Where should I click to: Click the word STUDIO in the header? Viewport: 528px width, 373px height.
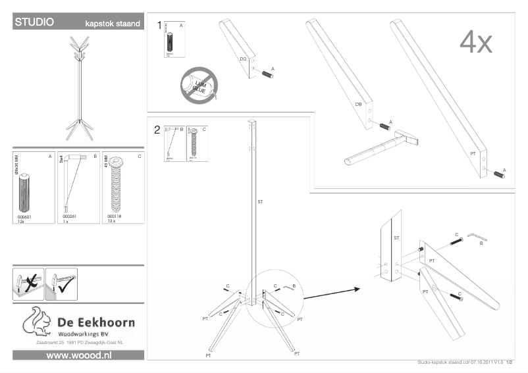coord(34,22)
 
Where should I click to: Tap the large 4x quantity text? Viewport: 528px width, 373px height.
coord(475,42)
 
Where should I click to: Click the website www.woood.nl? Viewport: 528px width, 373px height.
coord(78,355)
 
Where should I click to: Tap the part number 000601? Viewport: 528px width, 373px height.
coord(24,216)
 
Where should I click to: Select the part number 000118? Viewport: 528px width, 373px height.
coord(115,216)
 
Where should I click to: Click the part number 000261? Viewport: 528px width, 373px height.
coord(69,216)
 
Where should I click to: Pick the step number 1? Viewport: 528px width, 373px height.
coord(159,26)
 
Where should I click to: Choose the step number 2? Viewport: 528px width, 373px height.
coord(157,130)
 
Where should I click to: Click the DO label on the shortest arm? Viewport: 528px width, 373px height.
coord(243,59)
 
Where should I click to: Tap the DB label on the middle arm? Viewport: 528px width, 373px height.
coord(359,104)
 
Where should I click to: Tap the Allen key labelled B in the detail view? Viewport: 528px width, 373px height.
coord(477,237)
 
